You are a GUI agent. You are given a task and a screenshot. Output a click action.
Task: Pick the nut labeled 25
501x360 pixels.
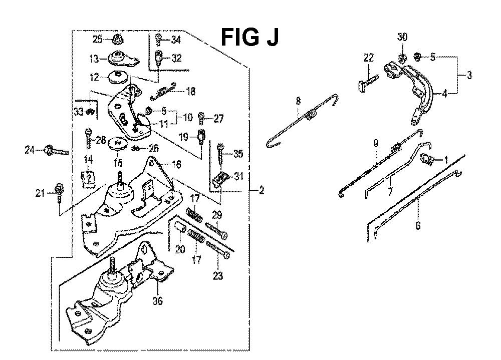point(117,39)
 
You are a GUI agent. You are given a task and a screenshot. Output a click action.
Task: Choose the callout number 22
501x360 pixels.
point(368,58)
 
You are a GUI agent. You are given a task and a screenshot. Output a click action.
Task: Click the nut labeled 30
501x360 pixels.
point(402,56)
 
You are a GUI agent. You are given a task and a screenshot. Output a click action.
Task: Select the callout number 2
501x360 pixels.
point(262,190)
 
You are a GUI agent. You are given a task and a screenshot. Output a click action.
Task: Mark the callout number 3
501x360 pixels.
point(469,76)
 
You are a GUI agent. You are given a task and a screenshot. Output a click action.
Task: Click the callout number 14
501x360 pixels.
point(88,160)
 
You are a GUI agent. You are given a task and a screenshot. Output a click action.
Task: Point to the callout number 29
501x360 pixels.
point(216,215)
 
